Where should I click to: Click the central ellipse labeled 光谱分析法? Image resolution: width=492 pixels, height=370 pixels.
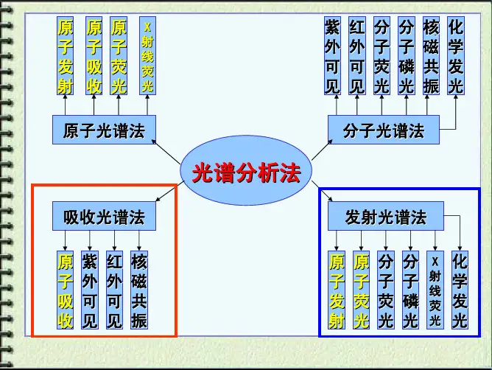click(246, 175)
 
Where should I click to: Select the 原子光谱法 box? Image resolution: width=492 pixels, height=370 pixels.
click(104, 131)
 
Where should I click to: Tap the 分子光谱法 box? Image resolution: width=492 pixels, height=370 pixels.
click(384, 131)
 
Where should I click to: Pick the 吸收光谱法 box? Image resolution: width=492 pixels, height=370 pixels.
click(104, 217)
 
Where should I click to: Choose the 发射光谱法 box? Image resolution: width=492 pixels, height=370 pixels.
click(385, 217)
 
